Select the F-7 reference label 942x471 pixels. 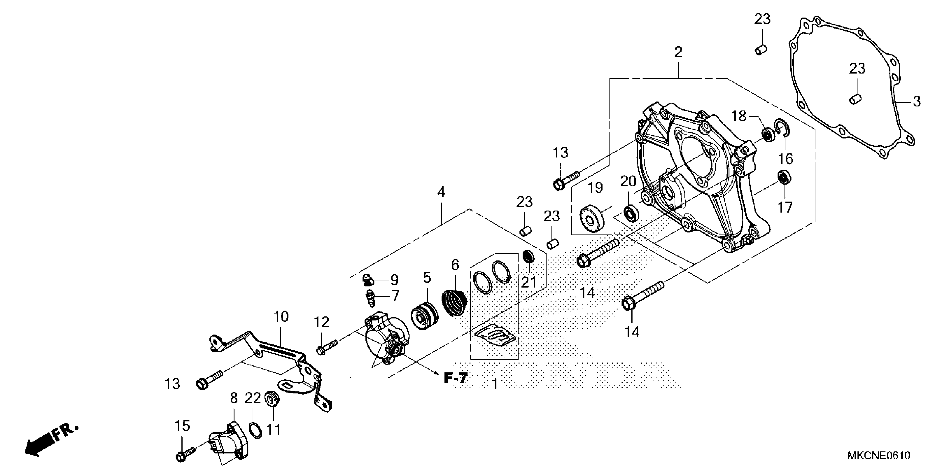click(x=455, y=378)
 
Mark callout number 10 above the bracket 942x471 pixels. click(x=281, y=316)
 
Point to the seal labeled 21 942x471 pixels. click(x=527, y=256)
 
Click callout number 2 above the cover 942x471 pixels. click(x=678, y=52)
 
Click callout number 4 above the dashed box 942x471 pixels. click(x=441, y=192)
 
